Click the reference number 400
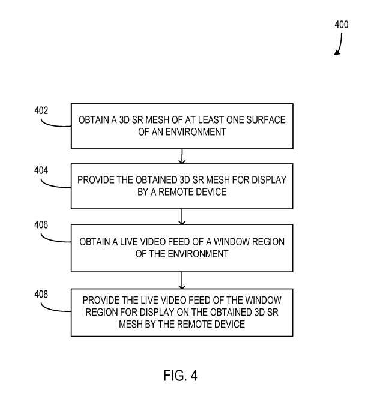pyautogui.click(x=342, y=25)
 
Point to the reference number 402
pyautogui.click(x=41, y=110)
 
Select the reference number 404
pyautogui.click(x=41, y=170)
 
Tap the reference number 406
pyautogui.click(x=41, y=225)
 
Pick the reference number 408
pyautogui.click(x=41, y=294)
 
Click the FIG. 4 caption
pyautogui.click(x=180, y=375)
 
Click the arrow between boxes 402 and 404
pyautogui.click(x=182, y=156)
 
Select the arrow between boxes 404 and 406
pyautogui.click(x=182, y=217)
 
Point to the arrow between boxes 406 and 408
pyautogui.click(x=182, y=280)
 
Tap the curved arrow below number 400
pyautogui.click(x=340, y=44)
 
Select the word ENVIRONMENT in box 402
pyautogui.click(x=196, y=132)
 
